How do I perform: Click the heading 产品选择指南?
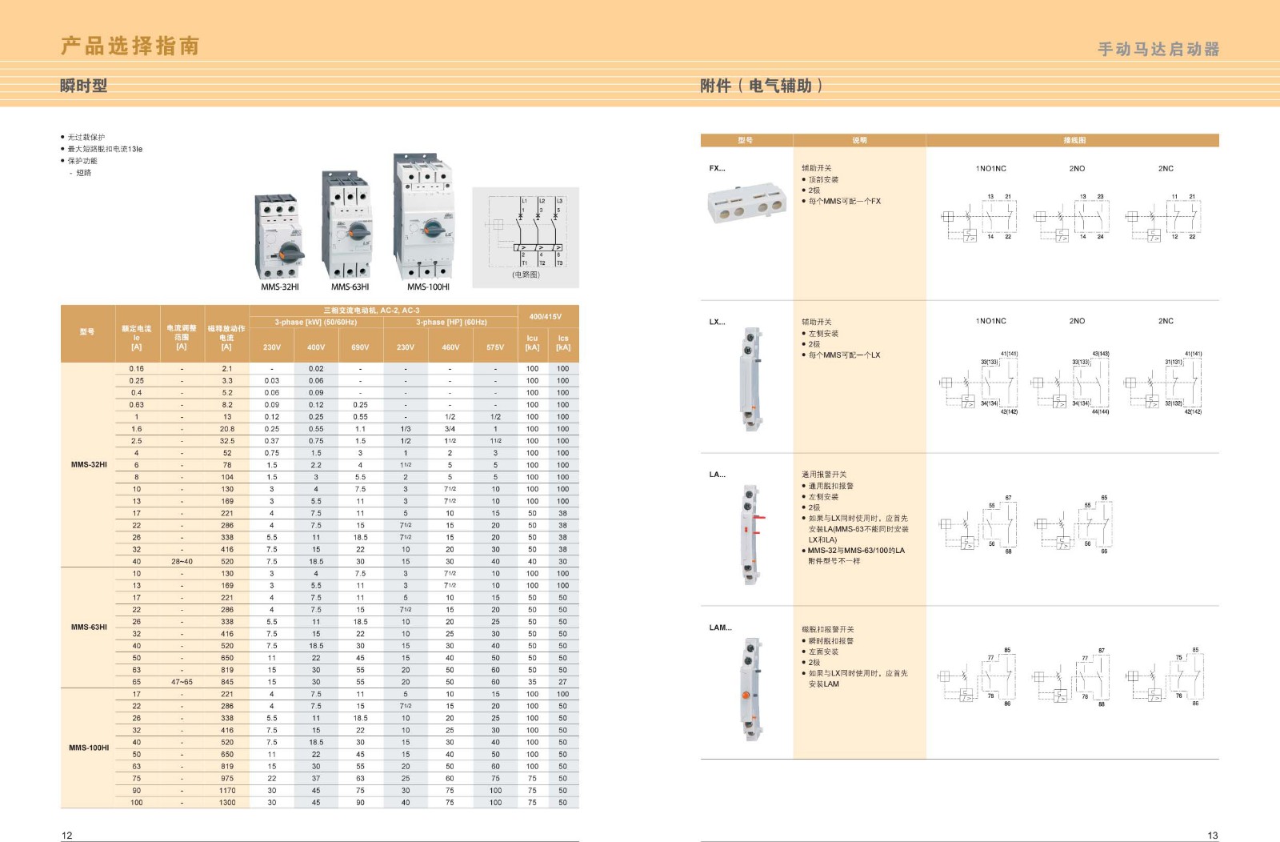(130, 46)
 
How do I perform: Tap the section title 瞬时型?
(83, 86)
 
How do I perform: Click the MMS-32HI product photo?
(279, 237)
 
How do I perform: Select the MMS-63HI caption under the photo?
(350, 287)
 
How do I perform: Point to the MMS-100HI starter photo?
(426, 216)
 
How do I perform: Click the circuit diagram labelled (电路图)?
(526, 237)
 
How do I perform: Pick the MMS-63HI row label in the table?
(88, 627)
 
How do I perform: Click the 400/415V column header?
(546, 317)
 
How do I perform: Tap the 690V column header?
(360, 347)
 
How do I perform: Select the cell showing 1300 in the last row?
(227, 803)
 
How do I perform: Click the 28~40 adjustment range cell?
(182, 562)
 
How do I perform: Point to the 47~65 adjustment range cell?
(182, 682)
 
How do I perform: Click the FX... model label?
(717, 168)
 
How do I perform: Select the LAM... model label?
(720, 627)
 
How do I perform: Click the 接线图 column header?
(1074, 141)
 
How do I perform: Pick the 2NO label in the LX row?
(1077, 321)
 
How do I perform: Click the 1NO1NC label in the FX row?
(990, 169)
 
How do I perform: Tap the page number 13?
(1212, 836)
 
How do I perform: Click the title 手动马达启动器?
(1158, 50)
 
